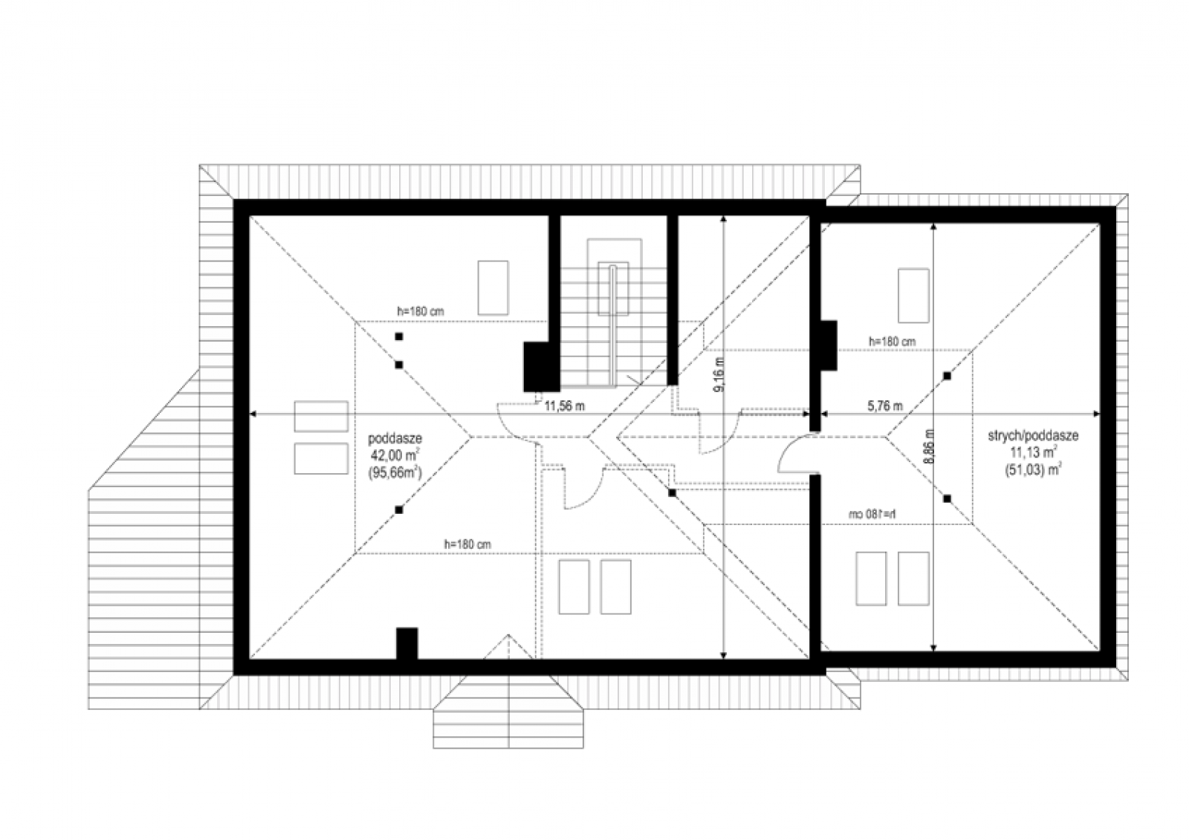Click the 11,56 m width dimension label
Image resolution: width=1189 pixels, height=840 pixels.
(x=565, y=406)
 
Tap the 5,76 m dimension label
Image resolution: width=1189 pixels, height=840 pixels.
(x=885, y=406)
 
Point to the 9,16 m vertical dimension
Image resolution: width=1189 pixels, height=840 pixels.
(x=719, y=375)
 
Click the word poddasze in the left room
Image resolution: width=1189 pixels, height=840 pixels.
(x=395, y=439)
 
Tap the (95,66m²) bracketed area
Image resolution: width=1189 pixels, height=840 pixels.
(x=395, y=472)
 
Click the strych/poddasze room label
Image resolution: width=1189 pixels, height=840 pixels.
(x=1033, y=436)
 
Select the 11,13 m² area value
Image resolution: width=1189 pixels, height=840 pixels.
(x=1033, y=452)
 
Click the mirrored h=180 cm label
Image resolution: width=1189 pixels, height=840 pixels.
(x=872, y=514)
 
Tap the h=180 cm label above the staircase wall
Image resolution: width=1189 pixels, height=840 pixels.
(x=421, y=311)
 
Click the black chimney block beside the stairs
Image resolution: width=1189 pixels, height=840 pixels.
(x=542, y=367)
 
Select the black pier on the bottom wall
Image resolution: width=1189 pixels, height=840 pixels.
(x=407, y=644)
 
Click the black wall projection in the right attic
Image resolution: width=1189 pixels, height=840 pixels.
(x=829, y=345)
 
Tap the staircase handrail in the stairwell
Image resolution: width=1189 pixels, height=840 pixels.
(x=612, y=325)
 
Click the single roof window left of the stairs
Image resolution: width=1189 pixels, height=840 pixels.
(x=493, y=287)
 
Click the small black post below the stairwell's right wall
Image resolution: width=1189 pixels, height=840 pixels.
(x=672, y=493)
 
